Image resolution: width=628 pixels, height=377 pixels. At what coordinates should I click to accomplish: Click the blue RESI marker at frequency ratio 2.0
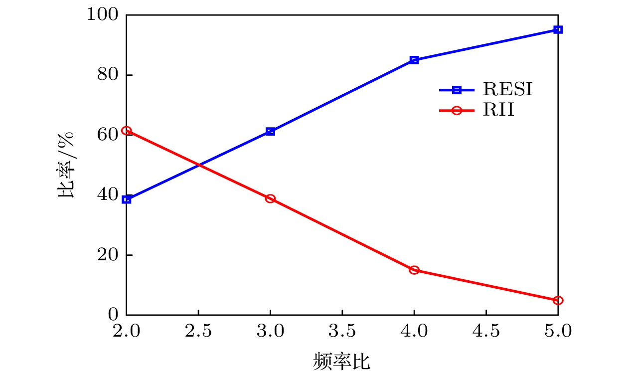point(127,199)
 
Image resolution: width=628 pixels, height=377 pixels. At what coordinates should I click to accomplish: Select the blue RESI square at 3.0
point(270,132)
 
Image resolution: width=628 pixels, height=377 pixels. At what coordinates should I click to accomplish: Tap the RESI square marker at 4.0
point(414,60)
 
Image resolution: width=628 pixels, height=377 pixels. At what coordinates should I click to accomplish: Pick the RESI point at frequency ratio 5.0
point(558,30)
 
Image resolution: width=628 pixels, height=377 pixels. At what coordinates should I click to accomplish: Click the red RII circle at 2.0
point(127,131)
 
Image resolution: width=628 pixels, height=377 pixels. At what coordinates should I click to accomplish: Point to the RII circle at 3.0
point(270,198)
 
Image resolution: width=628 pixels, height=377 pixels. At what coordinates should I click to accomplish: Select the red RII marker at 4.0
point(414,270)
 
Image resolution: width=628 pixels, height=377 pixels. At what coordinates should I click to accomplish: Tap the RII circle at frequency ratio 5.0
point(558,300)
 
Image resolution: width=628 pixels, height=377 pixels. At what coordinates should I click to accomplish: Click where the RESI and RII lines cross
point(199,165)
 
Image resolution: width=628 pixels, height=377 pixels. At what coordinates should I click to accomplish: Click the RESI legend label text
point(507,90)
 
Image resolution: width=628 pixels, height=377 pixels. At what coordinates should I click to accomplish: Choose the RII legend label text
point(498,111)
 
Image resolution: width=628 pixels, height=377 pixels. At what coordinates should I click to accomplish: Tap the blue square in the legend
point(457,90)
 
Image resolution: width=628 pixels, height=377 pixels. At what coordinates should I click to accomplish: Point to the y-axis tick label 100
point(102,15)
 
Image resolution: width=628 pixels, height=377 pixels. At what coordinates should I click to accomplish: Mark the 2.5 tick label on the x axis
point(198,330)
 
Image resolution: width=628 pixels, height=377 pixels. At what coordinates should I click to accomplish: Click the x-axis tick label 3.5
point(342,330)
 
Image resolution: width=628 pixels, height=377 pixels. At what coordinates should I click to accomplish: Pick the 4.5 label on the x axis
point(486,330)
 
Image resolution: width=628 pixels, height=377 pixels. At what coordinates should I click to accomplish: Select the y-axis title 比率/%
point(67,165)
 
